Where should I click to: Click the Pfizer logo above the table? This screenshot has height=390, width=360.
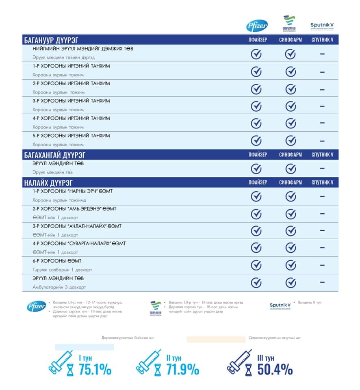click(x=257, y=26)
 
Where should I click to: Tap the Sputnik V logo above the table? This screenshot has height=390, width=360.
click(x=322, y=25)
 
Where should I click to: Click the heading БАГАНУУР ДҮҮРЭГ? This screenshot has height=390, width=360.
click(x=51, y=40)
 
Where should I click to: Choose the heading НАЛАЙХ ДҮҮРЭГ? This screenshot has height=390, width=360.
click(x=48, y=182)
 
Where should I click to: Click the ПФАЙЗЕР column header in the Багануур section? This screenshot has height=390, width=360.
click(x=258, y=40)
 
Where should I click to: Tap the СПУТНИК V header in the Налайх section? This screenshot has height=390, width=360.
click(x=322, y=182)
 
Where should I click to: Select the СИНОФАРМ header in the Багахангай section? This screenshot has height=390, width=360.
click(x=290, y=155)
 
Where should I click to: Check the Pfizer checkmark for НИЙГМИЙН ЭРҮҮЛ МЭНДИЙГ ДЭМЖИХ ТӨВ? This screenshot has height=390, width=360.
click(x=256, y=54)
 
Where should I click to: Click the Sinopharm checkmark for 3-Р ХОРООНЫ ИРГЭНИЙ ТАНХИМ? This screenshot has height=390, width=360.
click(x=290, y=106)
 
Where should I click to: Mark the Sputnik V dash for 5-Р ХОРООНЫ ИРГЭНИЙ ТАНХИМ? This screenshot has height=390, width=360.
click(x=322, y=141)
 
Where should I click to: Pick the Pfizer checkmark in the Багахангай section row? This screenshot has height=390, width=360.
click(x=256, y=168)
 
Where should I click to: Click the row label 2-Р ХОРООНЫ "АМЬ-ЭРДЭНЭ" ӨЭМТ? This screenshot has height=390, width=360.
click(x=74, y=208)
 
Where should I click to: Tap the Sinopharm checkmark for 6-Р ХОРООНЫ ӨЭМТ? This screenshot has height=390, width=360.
click(x=290, y=265)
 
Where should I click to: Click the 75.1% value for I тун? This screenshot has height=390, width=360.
click(x=95, y=370)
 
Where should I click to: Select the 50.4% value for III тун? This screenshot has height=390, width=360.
click(x=275, y=370)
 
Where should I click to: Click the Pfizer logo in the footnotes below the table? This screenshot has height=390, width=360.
click(x=37, y=307)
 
